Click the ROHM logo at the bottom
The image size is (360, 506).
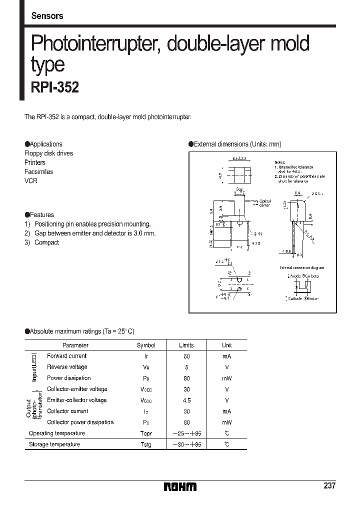(180, 486)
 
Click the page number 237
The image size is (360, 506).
(330, 485)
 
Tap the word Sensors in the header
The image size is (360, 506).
(47, 16)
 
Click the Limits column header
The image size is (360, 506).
(186, 345)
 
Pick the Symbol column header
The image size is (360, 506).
(146, 345)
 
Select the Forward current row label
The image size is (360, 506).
(66, 356)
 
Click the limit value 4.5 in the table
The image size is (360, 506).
(186, 400)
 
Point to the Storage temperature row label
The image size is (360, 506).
(54, 444)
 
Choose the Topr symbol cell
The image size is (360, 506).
(146, 433)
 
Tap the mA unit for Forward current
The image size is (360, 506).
(227, 356)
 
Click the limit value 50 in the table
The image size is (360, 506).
(186, 356)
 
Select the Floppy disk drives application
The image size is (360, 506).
(48, 153)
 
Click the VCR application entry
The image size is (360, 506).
(31, 180)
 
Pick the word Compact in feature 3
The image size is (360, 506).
(46, 242)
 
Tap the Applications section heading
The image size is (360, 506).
(44, 144)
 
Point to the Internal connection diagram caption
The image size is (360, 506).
(302, 268)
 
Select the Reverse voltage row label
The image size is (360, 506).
(67, 367)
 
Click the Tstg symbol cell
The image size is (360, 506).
(146, 444)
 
